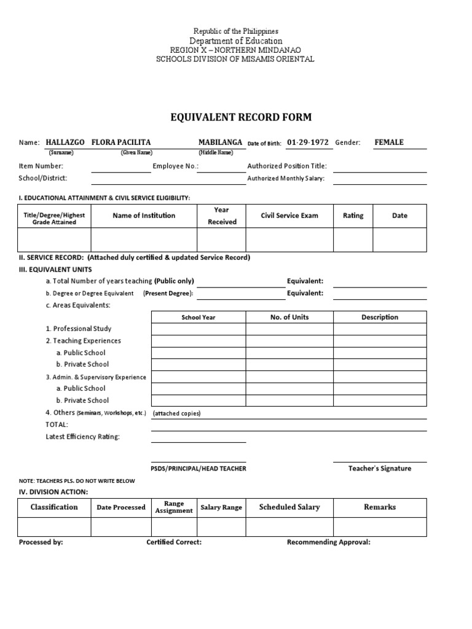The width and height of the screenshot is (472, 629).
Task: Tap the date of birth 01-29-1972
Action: pos(308,142)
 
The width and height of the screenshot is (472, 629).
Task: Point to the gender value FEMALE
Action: pos(389,142)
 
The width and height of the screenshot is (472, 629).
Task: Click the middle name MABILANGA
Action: pos(220,142)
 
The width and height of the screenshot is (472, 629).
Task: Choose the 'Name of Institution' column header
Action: pos(144,216)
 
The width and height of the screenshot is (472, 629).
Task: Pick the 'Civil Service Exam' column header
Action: pos(289,216)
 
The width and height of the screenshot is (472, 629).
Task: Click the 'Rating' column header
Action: pos(353,216)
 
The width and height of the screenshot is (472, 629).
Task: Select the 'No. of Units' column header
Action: pos(289,317)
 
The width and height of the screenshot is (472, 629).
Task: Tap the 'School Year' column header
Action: pos(199,318)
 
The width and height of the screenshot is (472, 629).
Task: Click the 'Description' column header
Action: pos(380,317)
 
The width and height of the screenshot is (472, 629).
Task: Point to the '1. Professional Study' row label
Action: pos(79,329)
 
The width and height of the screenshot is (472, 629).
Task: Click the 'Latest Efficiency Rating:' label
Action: pos(83,437)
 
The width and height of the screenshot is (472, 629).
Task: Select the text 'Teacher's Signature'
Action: pos(380,468)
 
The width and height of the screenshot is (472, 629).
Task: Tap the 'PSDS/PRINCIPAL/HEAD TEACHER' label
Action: pos(199,469)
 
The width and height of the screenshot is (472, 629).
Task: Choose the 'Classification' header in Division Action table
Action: pos(54,507)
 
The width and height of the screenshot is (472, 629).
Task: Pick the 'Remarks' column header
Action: pos(380,507)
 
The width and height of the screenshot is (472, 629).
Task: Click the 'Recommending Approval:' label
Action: pos(329,542)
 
